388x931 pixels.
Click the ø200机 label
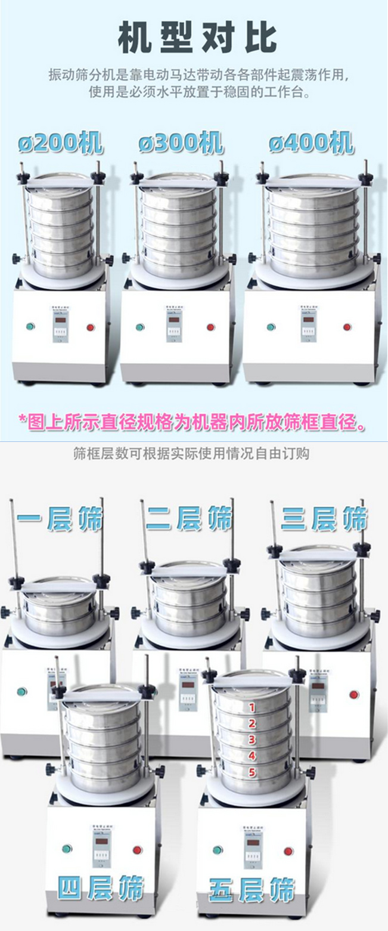click(60, 143)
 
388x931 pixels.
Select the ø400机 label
click(310, 143)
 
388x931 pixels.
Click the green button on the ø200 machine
click(30, 327)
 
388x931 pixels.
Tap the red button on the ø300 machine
click(210, 327)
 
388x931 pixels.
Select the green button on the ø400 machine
click(271, 327)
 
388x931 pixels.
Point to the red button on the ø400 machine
click(347, 327)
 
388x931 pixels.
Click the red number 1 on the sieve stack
click(252, 708)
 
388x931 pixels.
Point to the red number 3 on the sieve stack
click(252, 740)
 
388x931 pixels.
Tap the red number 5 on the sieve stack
click(252, 772)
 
